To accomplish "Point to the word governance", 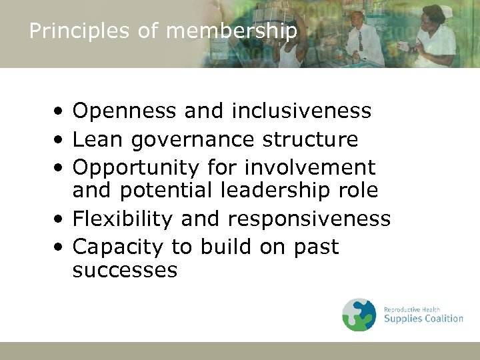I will (x=193, y=140).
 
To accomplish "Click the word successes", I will (x=125, y=270).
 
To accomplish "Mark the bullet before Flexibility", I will (x=60, y=219).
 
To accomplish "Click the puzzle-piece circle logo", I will (x=359, y=315).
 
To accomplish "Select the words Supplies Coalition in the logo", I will (x=423, y=319).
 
